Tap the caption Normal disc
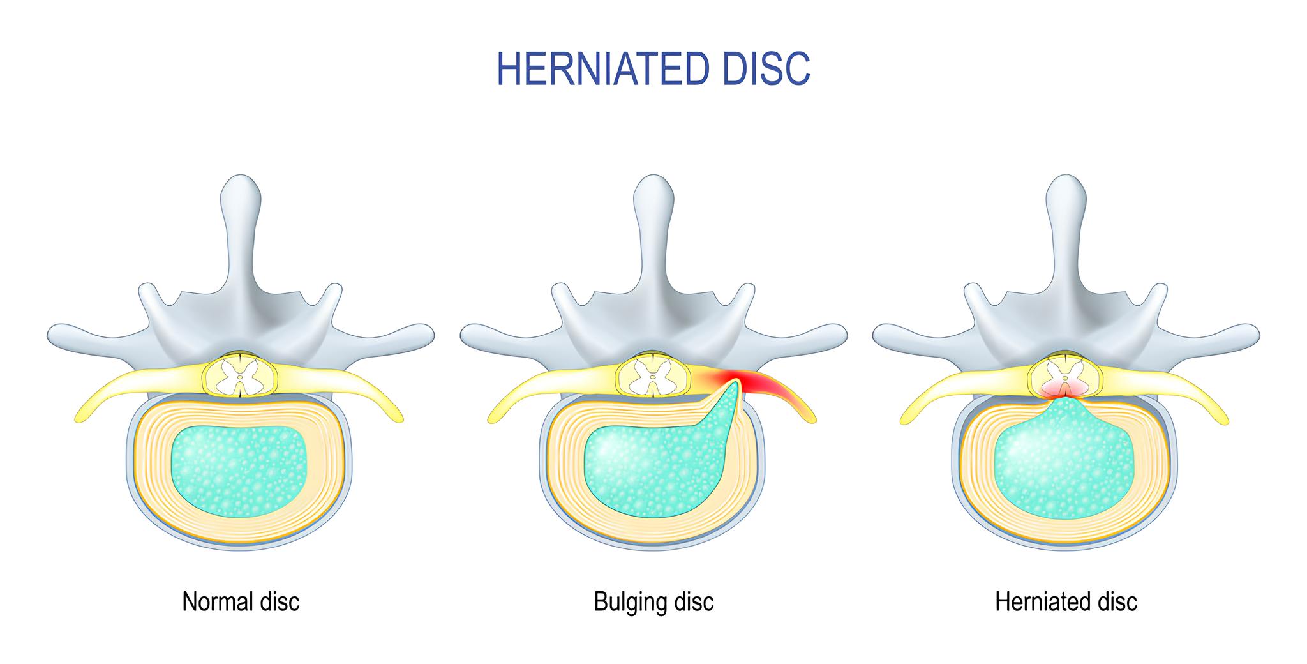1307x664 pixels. (x=241, y=601)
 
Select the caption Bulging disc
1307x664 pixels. (x=653, y=601)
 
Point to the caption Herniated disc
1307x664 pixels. (x=1066, y=601)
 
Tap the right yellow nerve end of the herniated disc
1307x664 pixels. (x=1223, y=419)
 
